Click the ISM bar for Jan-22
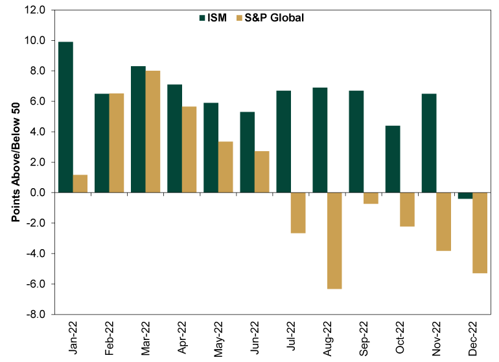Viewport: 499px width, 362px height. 65,117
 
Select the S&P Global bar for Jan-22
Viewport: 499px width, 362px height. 80,184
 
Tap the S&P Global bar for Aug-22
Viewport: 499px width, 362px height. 334,240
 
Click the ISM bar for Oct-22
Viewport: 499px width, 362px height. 393,159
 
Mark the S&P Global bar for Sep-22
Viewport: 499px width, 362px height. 371,198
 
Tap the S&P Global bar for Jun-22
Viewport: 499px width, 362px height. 262,172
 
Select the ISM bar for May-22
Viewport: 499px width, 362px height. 211,147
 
